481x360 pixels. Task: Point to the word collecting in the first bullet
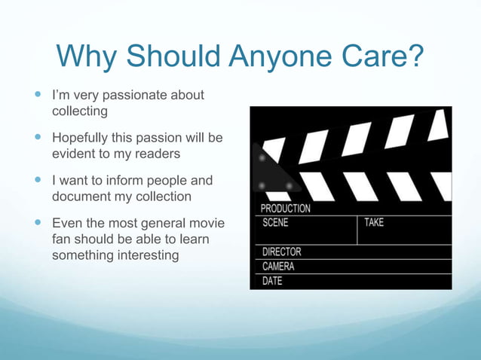click(79, 111)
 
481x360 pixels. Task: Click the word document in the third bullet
click(82, 196)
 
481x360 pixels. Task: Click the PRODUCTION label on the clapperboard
click(285, 208)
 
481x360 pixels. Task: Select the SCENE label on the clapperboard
click(275, 223)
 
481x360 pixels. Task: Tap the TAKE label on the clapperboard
click(375, 223)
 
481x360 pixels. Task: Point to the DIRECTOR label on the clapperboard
click(281, 252)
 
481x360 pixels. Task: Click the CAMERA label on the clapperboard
click(278, 266)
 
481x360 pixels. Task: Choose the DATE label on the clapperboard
click(272, 281)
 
